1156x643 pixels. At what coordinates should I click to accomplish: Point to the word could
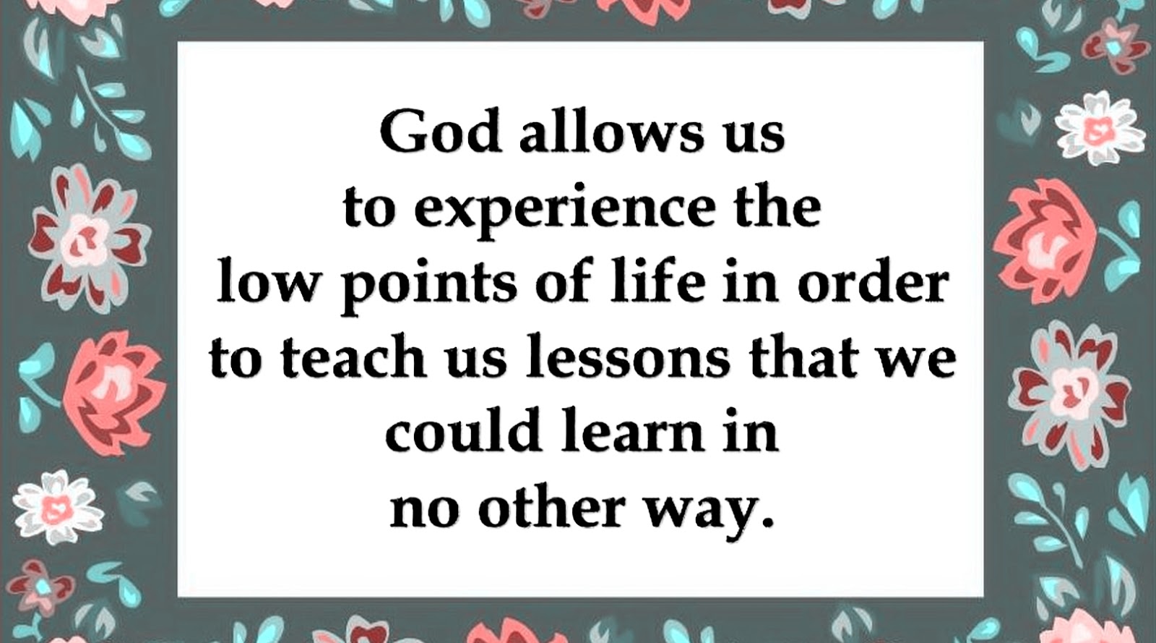coord(463,431)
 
